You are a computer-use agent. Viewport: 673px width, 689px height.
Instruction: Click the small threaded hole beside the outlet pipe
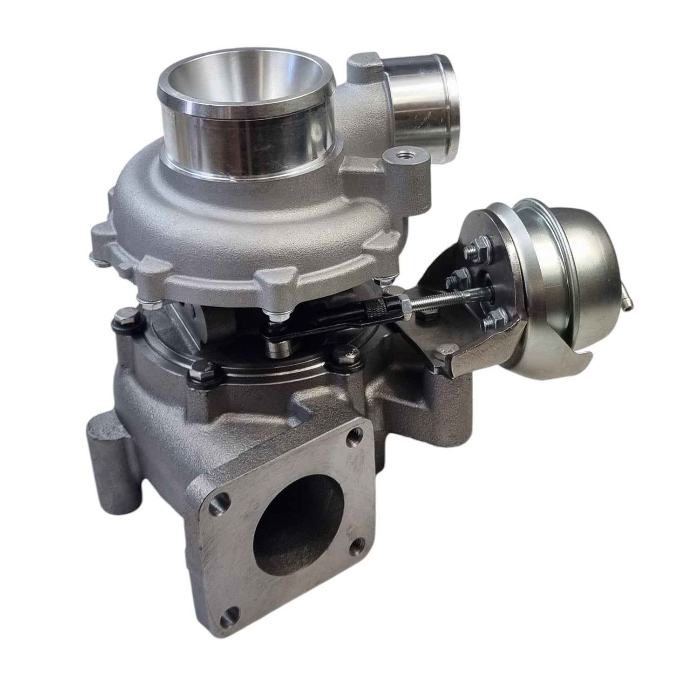[400, 153]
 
